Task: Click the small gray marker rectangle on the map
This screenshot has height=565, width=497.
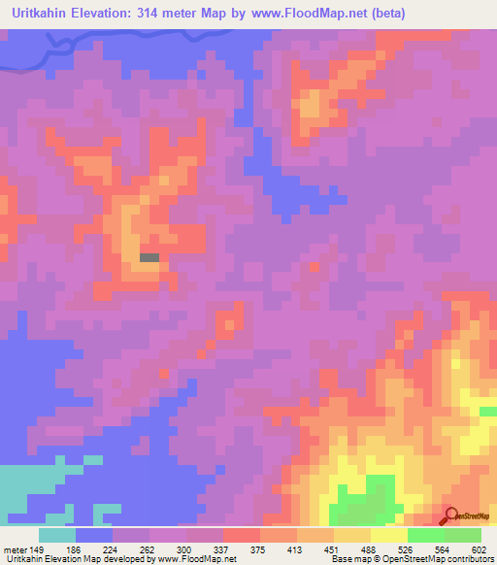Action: (x=149, y=257)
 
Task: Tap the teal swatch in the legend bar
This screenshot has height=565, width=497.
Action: (x=57, y=534)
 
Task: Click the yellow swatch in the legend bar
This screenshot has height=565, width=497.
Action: (x=388, y=534)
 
